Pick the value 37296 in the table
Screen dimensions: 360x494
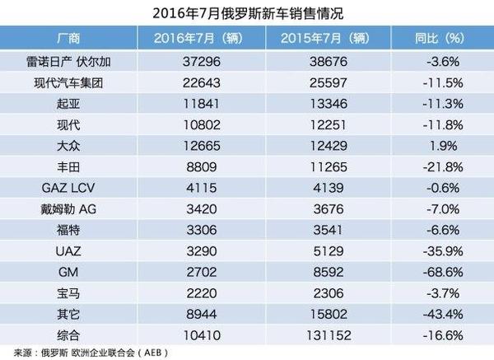[195, 61]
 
